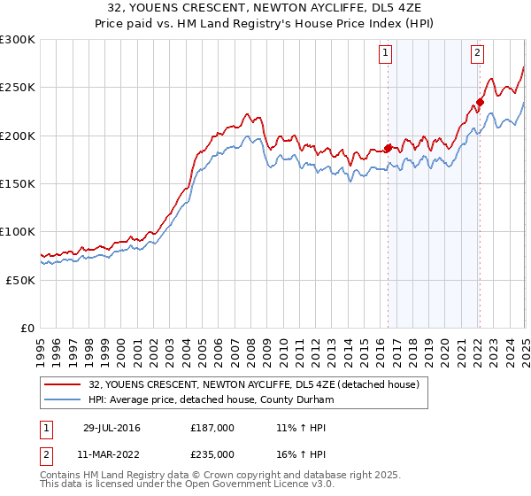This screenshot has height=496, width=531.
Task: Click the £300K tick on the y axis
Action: (18, 40)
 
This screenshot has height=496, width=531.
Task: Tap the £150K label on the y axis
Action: (18, 183)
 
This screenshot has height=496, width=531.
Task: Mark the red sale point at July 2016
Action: (388, 149)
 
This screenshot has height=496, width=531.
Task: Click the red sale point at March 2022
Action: (480, 102)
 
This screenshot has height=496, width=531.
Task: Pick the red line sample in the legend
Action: (62, 384)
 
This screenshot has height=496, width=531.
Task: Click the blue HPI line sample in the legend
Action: (62, 399)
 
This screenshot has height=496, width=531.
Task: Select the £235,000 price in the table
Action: (212, 453)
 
